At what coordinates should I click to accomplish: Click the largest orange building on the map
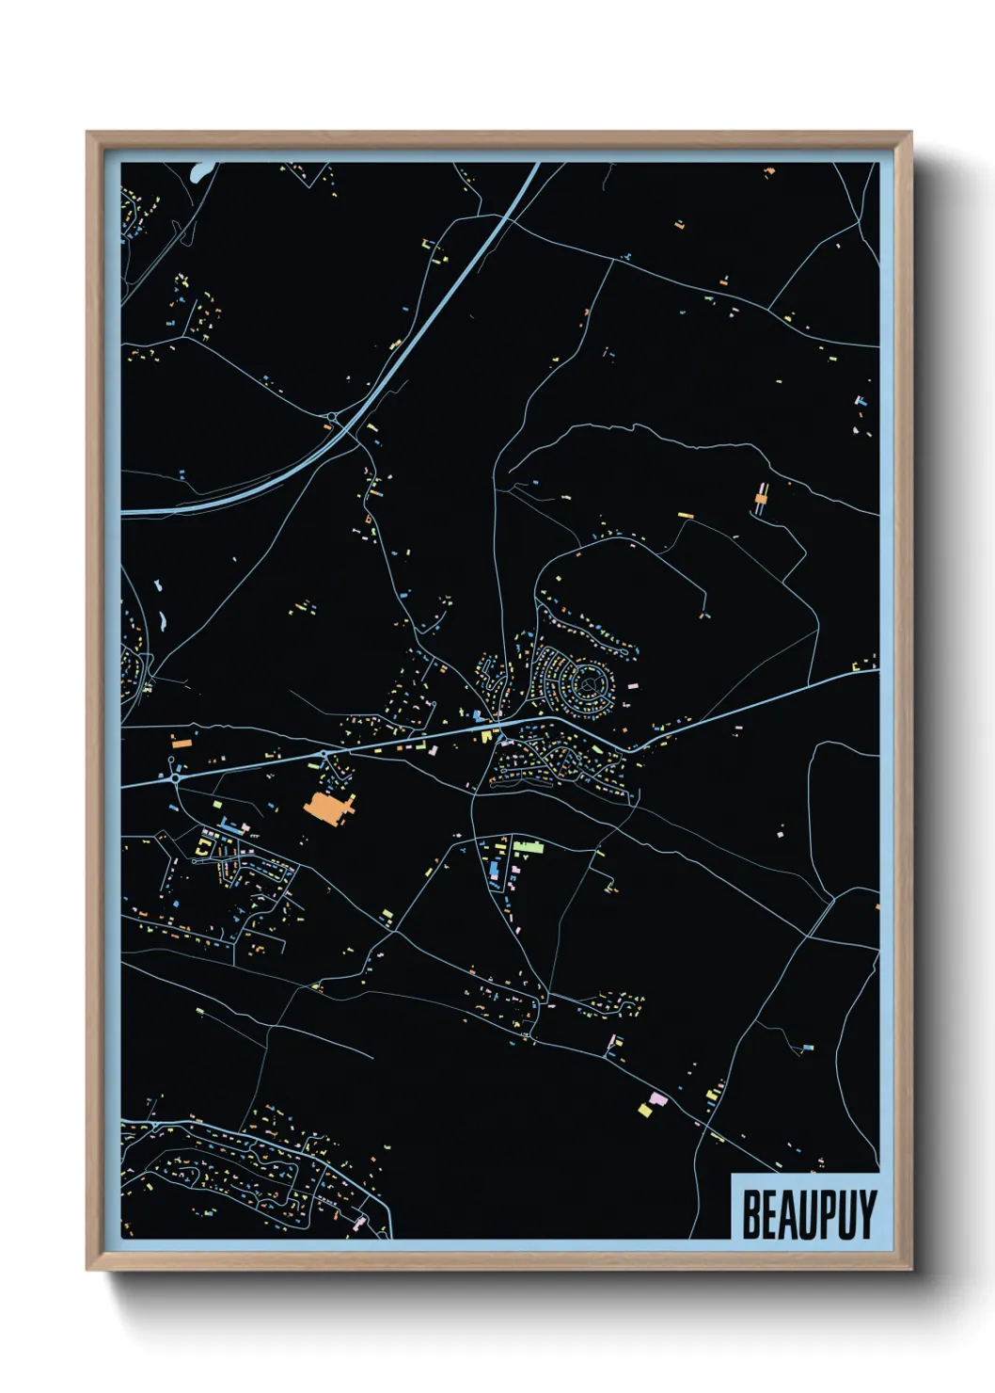pos(324,808)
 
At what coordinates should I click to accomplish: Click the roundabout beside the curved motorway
pos(331,417)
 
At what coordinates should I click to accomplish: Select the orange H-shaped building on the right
pos(761,496)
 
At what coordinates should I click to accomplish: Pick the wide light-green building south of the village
pos(529,847)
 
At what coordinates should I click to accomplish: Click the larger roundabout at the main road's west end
pos(175,777)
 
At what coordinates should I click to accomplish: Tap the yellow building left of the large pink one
pos(645,1111)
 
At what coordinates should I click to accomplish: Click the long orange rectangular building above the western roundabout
pos(182,744)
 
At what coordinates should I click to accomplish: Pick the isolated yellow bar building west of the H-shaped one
pos(685,515)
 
